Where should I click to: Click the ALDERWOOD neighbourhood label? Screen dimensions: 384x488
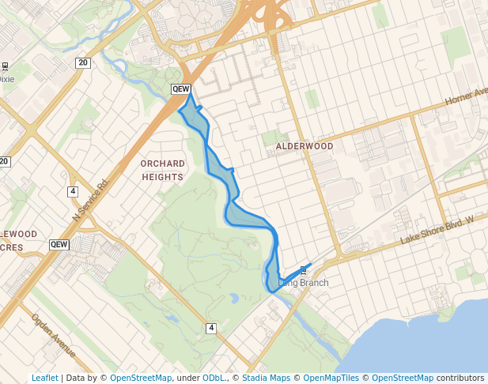[x=305, y=147]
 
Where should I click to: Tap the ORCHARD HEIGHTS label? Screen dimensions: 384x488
[x=163, y=170]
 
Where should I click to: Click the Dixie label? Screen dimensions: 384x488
[x=6, y=79]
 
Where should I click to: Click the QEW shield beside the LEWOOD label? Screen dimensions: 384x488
[x=59, y=244]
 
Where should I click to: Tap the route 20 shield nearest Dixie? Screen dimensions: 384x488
[x=83, y=62]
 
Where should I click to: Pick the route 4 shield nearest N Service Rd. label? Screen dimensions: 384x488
[x=73, y=191]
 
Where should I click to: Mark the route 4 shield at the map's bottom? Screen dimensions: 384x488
[x=211, y=328]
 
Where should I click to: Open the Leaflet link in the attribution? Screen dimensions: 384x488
[x=44, y=378]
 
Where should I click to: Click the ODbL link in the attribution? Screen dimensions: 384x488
[x=214, y=378]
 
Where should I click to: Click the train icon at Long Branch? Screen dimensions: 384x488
[x=303, y=270]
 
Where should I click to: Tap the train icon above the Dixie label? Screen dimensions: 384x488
[x=6, y=67]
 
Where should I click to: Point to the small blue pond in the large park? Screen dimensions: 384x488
[x=234, y=299]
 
